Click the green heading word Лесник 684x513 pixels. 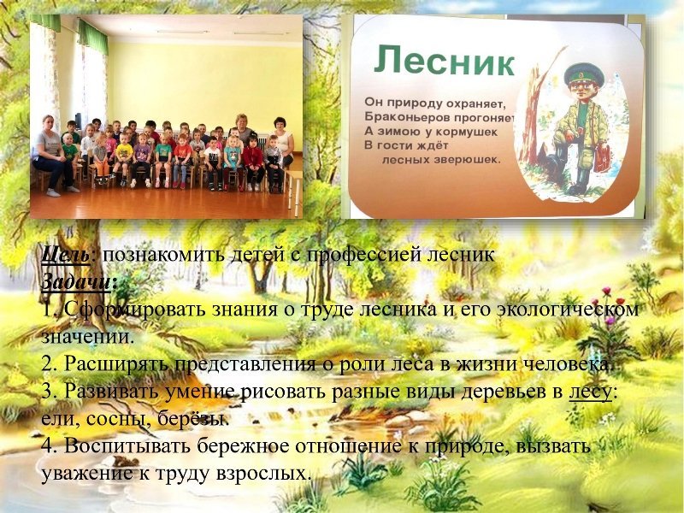point(444,62)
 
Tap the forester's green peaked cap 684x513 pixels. point(584,74)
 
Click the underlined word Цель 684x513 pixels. point(66,255)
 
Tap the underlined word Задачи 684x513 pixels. point(76,282)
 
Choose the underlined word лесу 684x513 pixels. point(590,392)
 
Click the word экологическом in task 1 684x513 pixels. point(568,310)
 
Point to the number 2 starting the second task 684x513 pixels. point(47,363)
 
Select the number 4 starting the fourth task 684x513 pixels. point(47,445)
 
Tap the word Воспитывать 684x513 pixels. point(128,445)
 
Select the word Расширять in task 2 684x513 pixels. point(116,364)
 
